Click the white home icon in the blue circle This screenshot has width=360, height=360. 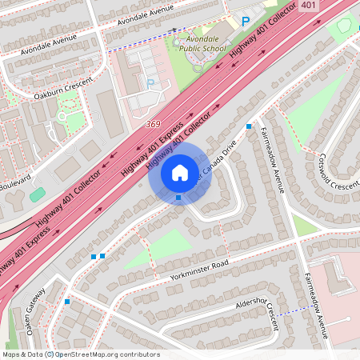click(x=179, y=173)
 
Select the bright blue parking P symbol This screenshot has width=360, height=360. click(x=246, y=22)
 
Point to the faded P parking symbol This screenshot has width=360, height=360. click(x=150, y=82)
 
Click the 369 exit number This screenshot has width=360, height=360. click(x=154, y=124)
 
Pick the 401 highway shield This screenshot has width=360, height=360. click(x=308, y=6)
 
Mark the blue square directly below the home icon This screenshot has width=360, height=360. click(x=178, y=198)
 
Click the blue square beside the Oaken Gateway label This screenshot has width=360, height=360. click(x=67, y=302)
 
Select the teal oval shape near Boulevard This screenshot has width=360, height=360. click(x=37, y=194)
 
